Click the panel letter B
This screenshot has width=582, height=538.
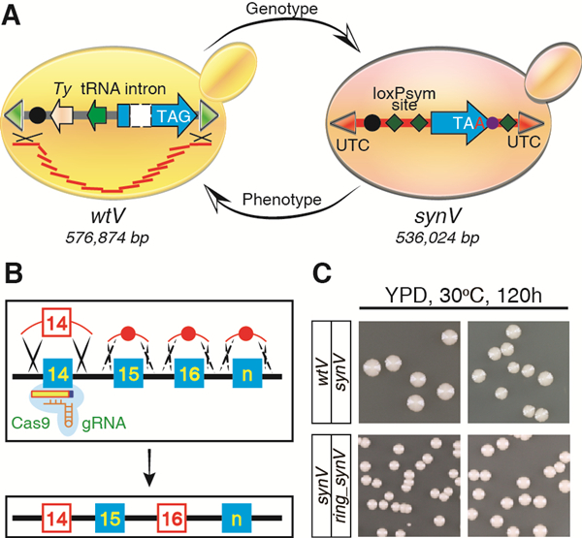pos(15,281)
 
